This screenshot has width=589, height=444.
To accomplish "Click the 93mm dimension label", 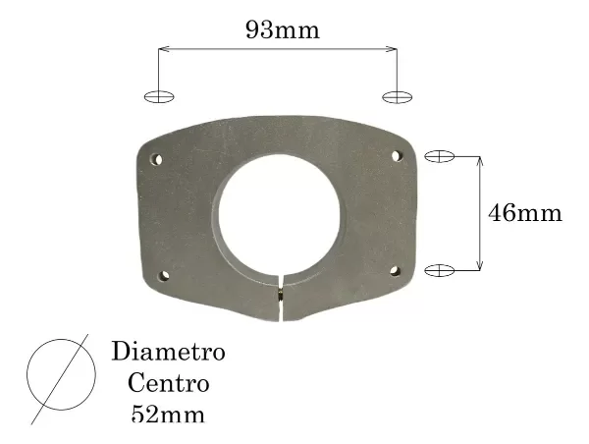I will (x=282, y=30).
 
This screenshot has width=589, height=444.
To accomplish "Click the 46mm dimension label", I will (x=525, y=213).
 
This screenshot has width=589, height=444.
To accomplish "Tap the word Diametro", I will (x=169, y=351).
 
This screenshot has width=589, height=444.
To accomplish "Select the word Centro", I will (x=168, y=382).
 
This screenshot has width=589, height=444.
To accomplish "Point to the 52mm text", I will (x=168, y=414).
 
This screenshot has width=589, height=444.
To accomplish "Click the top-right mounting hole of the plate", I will (x=397, y=155).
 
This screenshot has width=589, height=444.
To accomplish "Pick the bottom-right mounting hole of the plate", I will (x=395, y=270).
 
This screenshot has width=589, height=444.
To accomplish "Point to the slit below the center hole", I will (x=281, y=300).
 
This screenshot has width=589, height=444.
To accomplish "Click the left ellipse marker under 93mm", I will (x=159, y=96).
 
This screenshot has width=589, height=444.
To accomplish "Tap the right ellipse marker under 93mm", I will (x=397, y=96).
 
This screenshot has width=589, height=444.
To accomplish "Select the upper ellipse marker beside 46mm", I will (x=439, y=155).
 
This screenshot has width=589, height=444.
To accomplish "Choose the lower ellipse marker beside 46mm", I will (x=439, y=269).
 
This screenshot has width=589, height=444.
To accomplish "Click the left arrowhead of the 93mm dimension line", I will (x=163, y=47).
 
